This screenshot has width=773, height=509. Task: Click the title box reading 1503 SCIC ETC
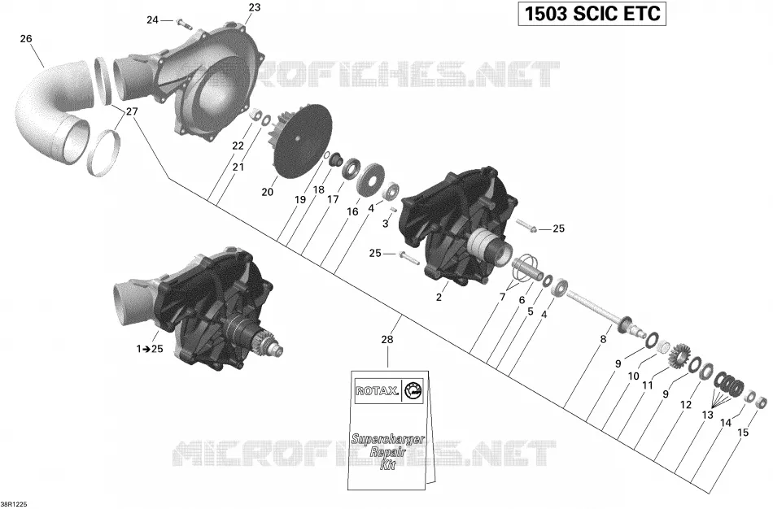pyautogui.click(x=592, y=14)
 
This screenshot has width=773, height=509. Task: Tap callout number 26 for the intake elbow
pyautogui.click(x=26, y=38)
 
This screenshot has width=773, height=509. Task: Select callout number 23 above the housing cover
pyautogui.click(x=255, y=7)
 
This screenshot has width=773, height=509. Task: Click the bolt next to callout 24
pyautogui.click(x=181, y=22)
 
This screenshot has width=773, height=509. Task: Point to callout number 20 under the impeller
pyautogui.click(x=267, y=192)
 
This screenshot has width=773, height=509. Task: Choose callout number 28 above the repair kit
pyautogui.click(x=387, y=340)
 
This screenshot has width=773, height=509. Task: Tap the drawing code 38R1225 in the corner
pyautogui.click(x=14, y=504)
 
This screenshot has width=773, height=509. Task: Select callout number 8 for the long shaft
pyautogui.click(x=603, y=340)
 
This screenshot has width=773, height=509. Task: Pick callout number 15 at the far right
pyautogui.click(x=743, y=433)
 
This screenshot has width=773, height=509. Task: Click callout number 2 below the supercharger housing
pyautogui.click(x=439, y=298)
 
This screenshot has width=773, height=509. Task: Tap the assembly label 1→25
pyautogui.click(x=150, y=350)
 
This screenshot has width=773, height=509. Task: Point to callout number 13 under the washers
pyautogui.click(x=707, y=415)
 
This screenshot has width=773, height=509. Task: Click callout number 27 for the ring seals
pyautogui.click(x=132, y=112)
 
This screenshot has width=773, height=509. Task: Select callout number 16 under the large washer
pyautogui.click(x=352, y=211)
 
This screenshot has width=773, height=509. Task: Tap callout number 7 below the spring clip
pyautogui.click(x=502, y=298)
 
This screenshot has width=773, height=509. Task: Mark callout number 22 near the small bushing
pyautogui.click(x=238, y=146)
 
